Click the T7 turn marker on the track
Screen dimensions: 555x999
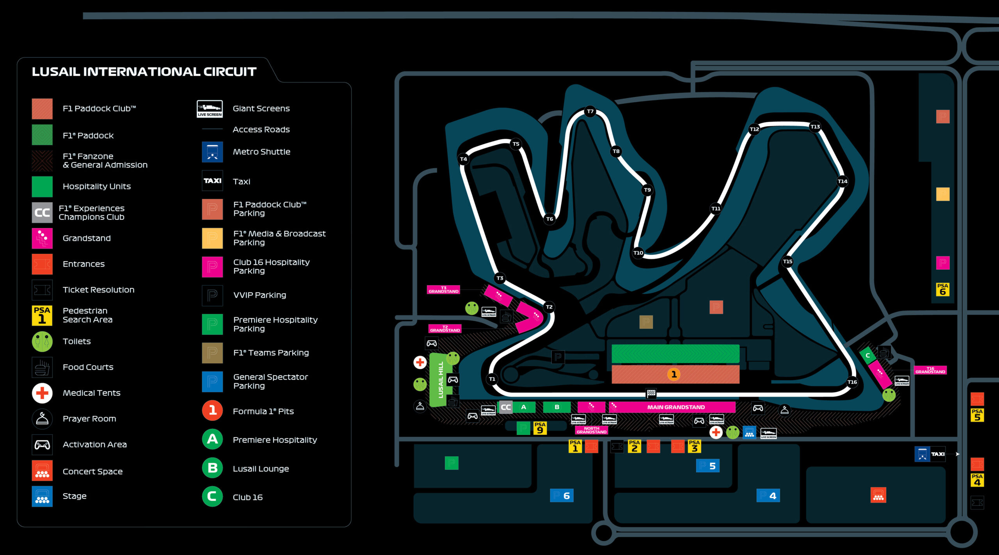[x=590, y=112]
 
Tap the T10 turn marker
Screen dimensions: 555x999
[x=638, y=253]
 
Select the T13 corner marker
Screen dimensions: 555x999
[x=815, y=126]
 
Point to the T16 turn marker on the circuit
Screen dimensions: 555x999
[x=852, y=382]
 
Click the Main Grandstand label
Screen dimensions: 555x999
[x=675, y=407]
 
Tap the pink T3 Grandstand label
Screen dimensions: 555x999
[x=443, y=290]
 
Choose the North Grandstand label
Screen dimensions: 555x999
[x=591, y=430]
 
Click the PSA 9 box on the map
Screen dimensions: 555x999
[x=540, y=428]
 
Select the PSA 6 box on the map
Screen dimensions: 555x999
[x=942, y=289]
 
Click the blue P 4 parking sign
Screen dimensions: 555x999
[x=768, y=496]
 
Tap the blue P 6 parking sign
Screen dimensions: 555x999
[x=561, y=496]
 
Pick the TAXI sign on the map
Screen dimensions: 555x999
[x=937, y=454]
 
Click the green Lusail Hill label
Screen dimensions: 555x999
[x=441, y=380]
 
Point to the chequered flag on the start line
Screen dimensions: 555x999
[x=651, y=393]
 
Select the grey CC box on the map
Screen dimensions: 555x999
[x=505, y=407]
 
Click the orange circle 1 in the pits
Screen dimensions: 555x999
[x=674, y=374]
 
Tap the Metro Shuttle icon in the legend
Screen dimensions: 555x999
[x=212, y=152]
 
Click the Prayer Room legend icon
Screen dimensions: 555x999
[x=42, y=419]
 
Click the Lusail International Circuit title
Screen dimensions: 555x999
[x=144, y=72]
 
